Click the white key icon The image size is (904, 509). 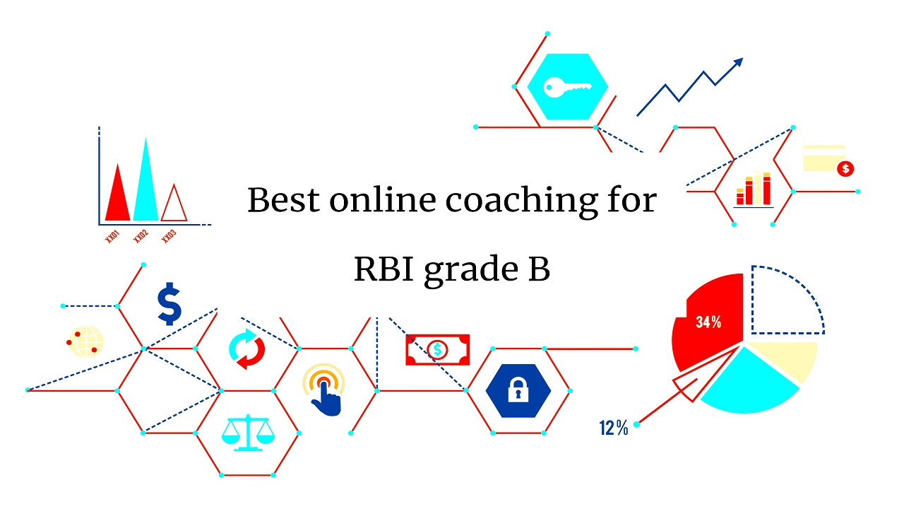click(566, 88)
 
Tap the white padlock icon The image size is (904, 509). click(518, 390)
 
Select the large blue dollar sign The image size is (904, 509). click(169, 303)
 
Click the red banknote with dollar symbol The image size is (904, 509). click(437, 349)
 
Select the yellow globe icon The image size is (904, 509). click(86, 341)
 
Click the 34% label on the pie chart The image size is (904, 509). click(708, 322)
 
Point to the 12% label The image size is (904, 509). click(613, 428)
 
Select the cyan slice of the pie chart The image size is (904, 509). click(749, 382)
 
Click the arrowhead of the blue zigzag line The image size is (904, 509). click(738, 63)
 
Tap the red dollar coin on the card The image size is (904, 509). click(845, 169)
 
